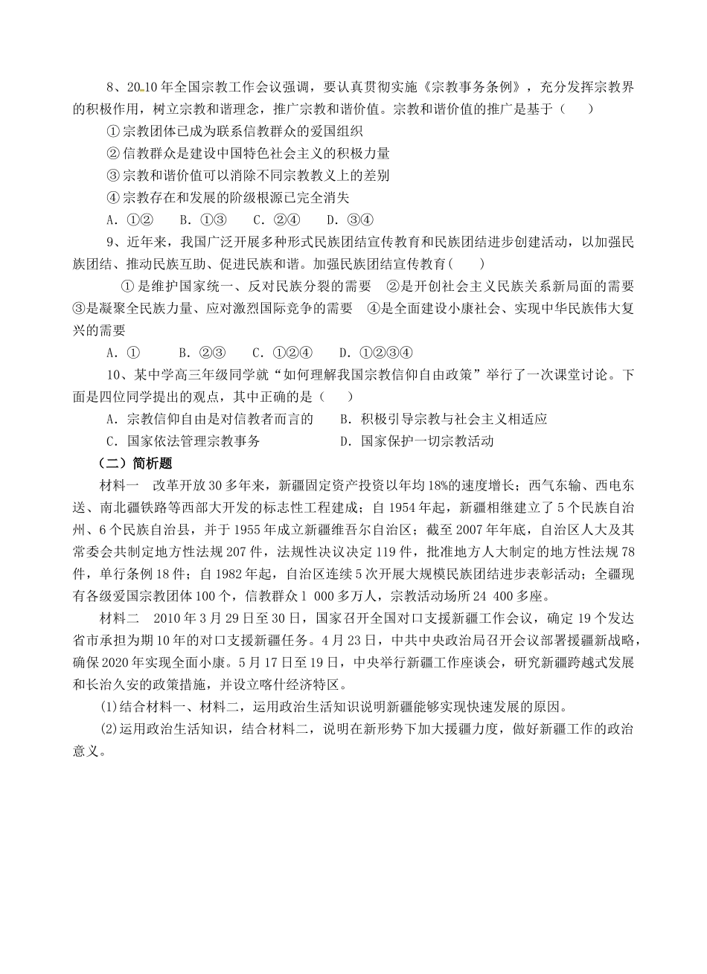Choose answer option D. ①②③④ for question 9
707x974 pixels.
point(375,352)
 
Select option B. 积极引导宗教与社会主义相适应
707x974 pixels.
point(443,419)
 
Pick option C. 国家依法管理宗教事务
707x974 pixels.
point(183,441)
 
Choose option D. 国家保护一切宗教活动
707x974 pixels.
point(416,441)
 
